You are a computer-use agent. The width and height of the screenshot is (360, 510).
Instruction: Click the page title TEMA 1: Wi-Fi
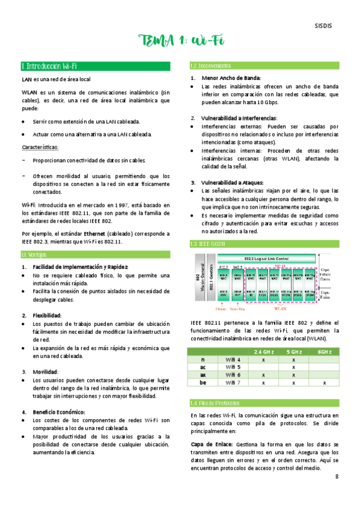click(180, 41)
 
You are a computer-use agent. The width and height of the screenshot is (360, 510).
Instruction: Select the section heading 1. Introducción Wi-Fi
click(49, 66)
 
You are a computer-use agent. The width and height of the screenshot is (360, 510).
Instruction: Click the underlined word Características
click(40, 147)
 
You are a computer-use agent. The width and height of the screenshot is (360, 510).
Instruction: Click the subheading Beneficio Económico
click(59, 411)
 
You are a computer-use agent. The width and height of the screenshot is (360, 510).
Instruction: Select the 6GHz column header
click(325, 351)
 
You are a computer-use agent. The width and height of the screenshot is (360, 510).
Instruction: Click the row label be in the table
click(203, 382)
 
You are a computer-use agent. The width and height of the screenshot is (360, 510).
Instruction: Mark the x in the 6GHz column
click(325, 382)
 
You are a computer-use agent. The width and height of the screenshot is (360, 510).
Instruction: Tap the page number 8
click(337, 476)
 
